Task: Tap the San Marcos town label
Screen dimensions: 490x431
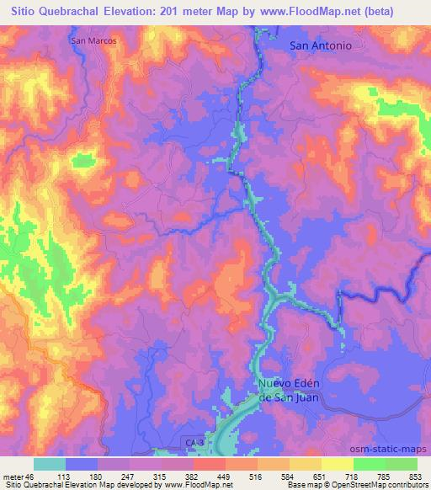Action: (93, 40)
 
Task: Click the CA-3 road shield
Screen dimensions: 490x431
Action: (194, 440)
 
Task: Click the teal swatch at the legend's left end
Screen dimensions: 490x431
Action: (50, 464)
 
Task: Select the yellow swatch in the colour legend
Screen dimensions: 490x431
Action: (337, 464)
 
